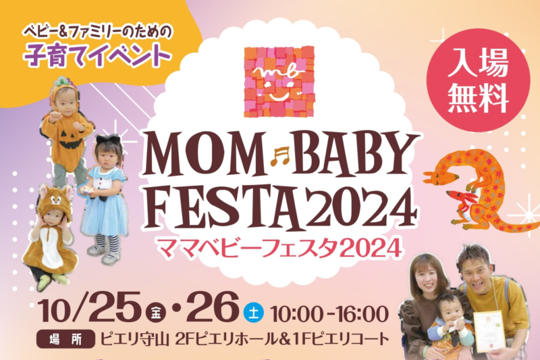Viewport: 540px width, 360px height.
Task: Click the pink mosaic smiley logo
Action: point(279,82)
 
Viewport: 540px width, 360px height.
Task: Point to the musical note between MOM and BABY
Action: point(280,155)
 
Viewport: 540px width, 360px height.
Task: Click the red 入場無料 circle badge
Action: point(478,80)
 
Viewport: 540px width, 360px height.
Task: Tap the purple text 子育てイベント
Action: point(98,55)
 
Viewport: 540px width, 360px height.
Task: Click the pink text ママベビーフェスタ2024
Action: point(279,248)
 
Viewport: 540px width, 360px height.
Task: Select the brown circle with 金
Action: point(156,313)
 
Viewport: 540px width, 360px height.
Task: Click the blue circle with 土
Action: point(254,313)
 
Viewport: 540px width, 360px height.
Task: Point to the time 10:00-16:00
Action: point(329,313)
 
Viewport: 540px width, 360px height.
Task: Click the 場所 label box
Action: point(65,339)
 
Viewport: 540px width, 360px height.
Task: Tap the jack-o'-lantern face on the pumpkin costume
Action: point(71,140)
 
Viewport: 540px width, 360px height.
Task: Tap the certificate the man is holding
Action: point(489,331)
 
